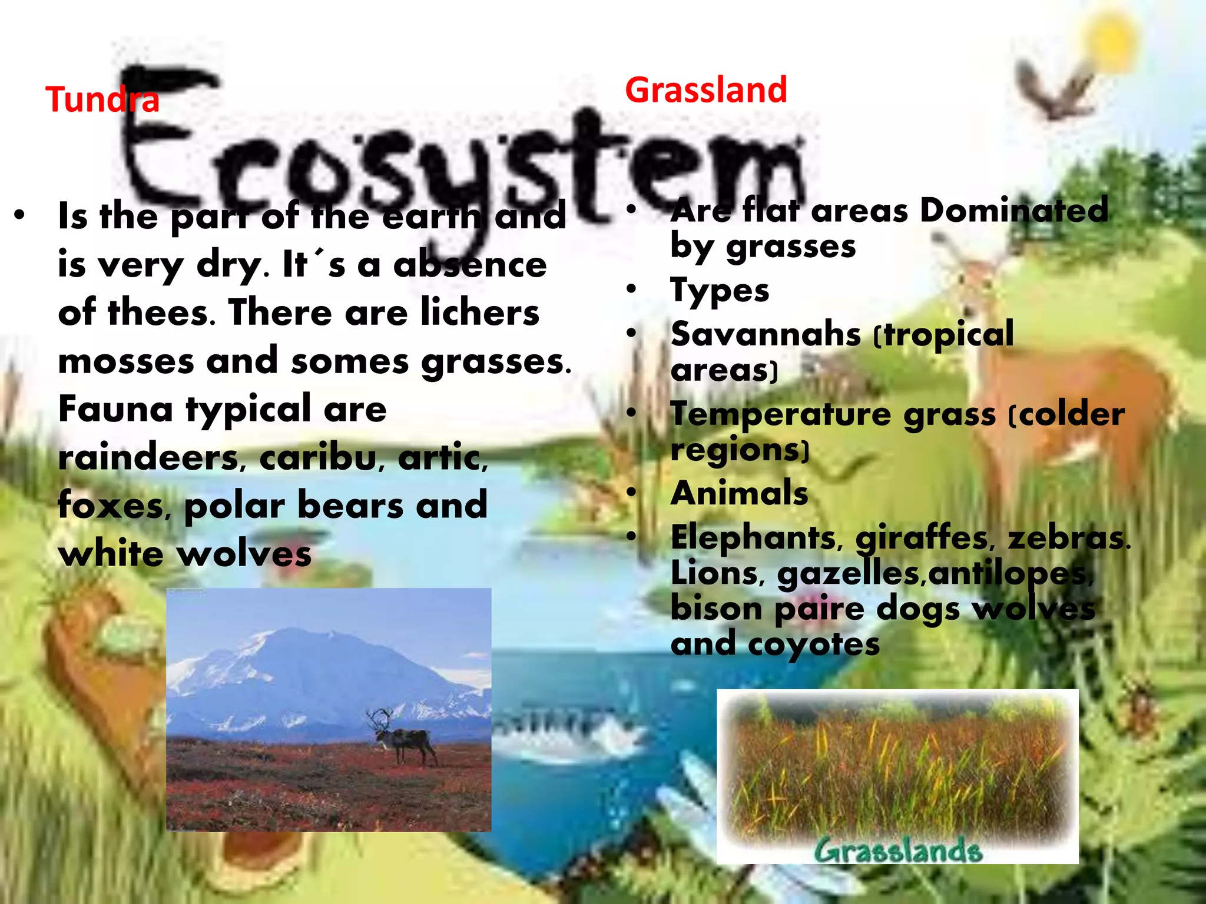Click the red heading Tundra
pos(102,99)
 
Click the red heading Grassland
pos(705,90)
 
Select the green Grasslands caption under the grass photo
pos(897,851)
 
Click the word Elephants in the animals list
pos(753,537)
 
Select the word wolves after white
pos(244,554)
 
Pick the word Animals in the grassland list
pos(739,493)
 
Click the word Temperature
pos(780,414)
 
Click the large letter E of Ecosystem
pos(171,135)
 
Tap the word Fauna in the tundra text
pos(115,409)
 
